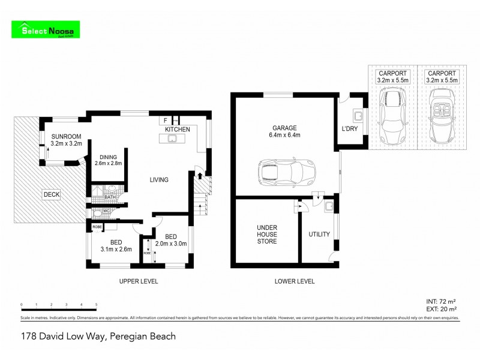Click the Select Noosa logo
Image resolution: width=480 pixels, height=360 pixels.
pos(47,30)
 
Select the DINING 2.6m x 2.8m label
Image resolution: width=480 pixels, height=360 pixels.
pos(110,159)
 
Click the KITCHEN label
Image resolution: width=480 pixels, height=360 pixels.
pos(177,130)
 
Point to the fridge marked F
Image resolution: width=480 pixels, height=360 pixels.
pos(165,120)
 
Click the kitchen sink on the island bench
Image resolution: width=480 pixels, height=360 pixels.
pos(172,139)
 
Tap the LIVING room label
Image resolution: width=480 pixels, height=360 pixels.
pos(159,179)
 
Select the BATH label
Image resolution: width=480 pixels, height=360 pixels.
pos(110,197)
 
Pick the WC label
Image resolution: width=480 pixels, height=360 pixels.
pos(106,211)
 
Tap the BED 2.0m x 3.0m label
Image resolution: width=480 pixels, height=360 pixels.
pos(172,239)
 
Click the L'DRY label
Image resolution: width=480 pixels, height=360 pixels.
pos(350,130)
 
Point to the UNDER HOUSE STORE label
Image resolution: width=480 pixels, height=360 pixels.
pos(267,234)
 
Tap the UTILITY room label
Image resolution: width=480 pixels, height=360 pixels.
pos(319,234)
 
